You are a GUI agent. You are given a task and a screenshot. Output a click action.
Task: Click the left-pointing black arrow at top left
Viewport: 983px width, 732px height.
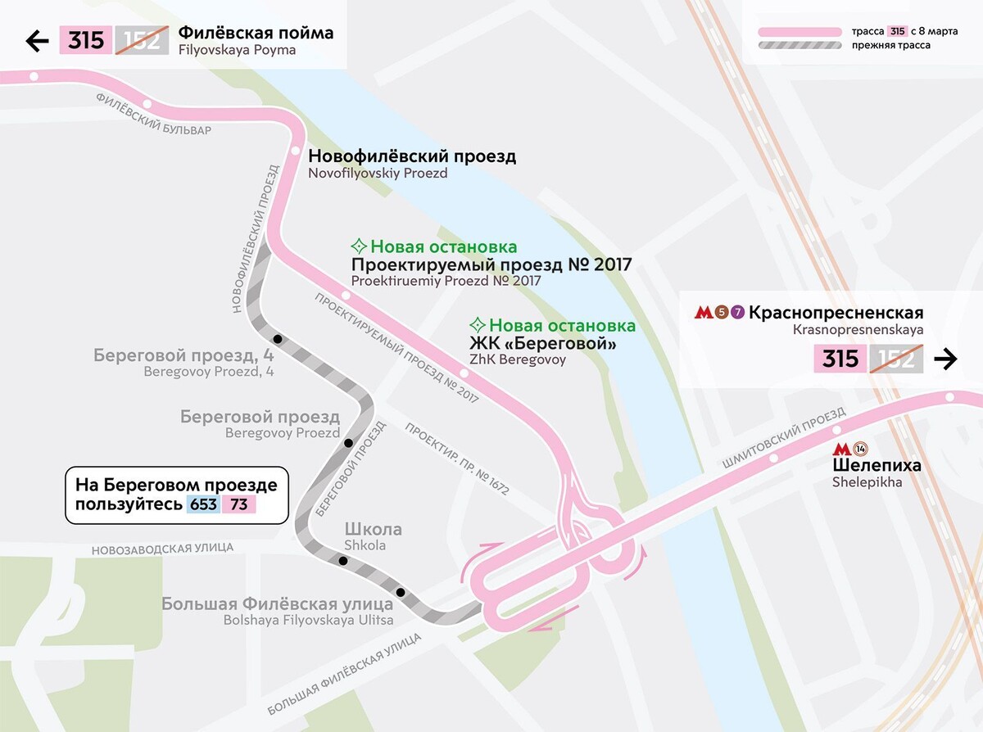click(x=38, y=41)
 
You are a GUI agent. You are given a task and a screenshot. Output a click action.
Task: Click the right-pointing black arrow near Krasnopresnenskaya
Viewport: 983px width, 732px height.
click(x=945, y=359)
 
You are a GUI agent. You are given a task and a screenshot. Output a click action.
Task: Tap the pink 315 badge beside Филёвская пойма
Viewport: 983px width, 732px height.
click(x=85, y=41)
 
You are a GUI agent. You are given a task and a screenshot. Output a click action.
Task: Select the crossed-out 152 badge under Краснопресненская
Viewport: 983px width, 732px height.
click(x=896, y=359)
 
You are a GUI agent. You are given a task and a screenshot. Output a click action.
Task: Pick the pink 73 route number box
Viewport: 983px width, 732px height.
click(x=239, y=504)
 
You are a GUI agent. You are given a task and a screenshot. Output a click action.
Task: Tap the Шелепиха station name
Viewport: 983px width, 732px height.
click(x=877, y=466)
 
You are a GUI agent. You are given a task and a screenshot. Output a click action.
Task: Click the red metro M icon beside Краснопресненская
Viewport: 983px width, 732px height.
click(x=702, y=313)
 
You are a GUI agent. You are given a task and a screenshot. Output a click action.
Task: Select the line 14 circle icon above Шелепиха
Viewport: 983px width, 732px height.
click(x=860, y=449)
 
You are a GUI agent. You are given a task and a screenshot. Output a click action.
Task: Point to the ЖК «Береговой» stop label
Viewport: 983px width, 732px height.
click(x=542, y=344)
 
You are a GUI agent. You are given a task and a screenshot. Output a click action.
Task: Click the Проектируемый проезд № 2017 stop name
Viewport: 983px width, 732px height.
click(x=491, y=264)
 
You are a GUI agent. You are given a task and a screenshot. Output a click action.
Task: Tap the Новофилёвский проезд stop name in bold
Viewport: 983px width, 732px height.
click(x=412, y=156)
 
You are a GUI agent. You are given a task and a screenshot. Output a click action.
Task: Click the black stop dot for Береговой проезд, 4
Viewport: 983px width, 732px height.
click(x=279, y=339)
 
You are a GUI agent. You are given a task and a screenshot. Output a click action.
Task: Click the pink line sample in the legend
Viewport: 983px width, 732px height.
click(x=800, y=31)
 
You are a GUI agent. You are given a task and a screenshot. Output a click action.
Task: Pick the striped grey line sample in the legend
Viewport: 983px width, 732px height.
click(x=800, y=46)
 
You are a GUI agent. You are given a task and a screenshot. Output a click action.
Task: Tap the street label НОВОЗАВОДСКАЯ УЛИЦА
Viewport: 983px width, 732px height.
click(x=162, y=548)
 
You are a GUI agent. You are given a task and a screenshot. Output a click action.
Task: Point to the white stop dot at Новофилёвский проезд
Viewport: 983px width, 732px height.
click(x=295, y=151)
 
